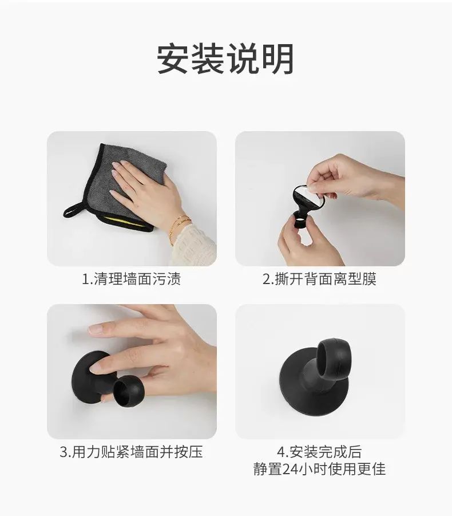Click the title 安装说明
tap(225, 59)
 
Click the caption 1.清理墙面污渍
tap(131, 279)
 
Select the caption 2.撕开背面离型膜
tap(319, 279)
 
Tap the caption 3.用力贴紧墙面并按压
tap(131, 452)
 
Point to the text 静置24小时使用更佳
tap(319, 469)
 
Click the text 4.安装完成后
tap(319, 452)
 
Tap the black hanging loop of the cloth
tap(74, 210)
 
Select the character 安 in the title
tap(173, 59)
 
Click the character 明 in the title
tap(278, 59)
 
